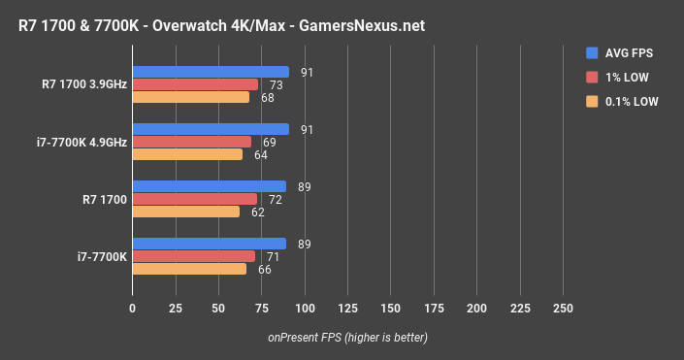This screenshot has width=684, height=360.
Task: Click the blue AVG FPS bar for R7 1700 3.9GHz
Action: (211, 72)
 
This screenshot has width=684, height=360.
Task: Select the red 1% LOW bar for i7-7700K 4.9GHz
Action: (192, 142)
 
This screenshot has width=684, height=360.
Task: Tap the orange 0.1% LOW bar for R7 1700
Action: (186, 212)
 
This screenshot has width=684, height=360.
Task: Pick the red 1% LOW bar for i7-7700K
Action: (194, 256)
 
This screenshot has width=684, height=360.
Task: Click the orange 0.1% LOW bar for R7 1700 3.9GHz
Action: (191, 97)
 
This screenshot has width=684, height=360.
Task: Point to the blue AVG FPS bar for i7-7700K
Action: (210, 244)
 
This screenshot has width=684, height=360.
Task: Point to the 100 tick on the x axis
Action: (305, 308)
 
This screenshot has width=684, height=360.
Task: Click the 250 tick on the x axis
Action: (563, 308)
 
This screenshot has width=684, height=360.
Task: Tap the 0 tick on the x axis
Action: (133, 308)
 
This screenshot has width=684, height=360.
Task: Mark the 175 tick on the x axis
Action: (434, 308)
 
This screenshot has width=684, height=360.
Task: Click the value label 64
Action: (261, 154)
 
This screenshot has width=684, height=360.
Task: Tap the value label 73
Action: (277, 84)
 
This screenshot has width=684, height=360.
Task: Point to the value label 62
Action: (258, 212)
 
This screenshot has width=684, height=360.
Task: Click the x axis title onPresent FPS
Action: (347, 338)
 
